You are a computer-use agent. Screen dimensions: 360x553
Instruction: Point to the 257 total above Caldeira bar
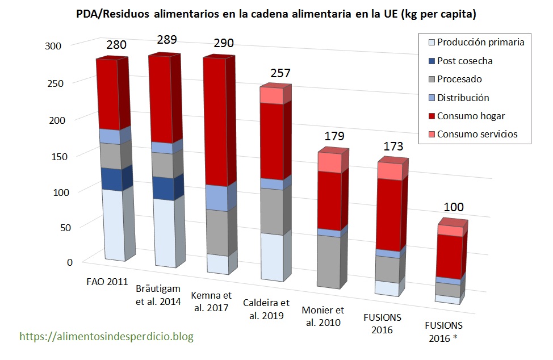coord(279,73)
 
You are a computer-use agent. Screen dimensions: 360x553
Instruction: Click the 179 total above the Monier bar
coord(335,136)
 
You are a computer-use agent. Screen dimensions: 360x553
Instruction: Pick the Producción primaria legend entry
coord(480,42)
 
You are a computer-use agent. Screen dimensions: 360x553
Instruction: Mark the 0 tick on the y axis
coord(70,263)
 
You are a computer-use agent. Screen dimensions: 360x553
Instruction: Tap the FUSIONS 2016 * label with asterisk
coord(443,332)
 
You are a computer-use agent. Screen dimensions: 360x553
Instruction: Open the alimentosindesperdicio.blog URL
coord(107,337)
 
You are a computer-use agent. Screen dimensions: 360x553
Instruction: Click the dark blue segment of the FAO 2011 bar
coord(112,179)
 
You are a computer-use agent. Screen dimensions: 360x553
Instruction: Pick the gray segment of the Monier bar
coord(329,261)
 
